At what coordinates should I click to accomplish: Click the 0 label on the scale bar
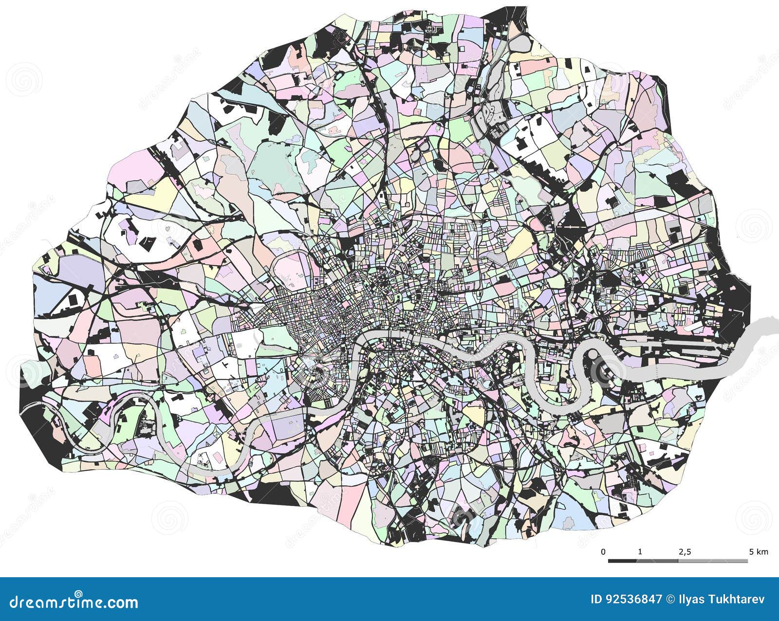click(603, 552)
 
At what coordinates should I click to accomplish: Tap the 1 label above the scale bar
click(640, 552)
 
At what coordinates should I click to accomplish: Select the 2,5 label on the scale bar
click(685, 552)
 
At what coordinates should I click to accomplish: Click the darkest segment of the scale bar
click(622, 561)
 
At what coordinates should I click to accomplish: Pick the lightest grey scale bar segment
click(713, 561)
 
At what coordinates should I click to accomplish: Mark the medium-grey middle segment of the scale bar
click(657, 561)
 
